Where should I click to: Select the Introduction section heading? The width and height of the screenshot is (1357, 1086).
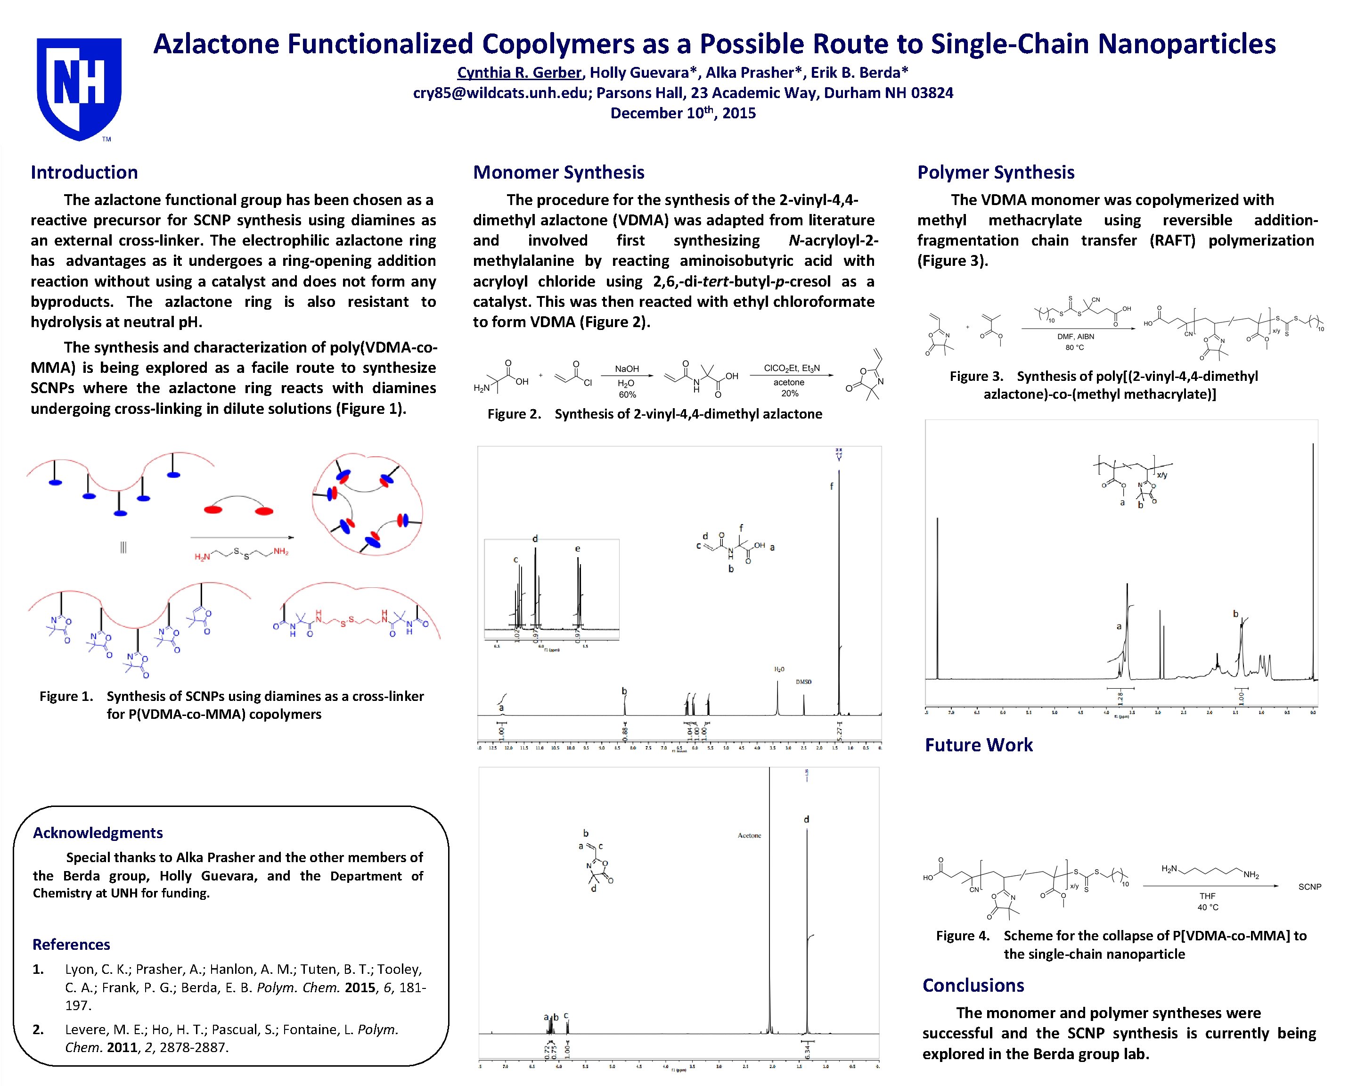point(84,172)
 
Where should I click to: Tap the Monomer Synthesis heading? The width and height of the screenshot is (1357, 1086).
point(558,172)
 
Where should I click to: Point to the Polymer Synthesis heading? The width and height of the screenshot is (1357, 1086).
point(996,172)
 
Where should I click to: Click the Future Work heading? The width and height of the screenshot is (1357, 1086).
point(979,745)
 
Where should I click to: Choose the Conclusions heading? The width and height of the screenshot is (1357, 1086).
point(973,985)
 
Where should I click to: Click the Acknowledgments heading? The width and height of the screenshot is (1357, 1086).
point(98,833)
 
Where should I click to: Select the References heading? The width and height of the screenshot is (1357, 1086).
point(71,944)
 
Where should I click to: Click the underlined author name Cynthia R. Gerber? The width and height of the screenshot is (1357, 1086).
point(519,73)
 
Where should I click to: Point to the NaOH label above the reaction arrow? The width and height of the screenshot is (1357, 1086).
point(627,369)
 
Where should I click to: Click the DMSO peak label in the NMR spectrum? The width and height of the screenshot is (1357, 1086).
point(804,682)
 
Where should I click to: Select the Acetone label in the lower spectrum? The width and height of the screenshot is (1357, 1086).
point(749,835)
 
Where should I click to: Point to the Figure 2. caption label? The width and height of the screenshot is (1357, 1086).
point(514,414)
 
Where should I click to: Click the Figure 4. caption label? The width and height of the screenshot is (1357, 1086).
point(962,936)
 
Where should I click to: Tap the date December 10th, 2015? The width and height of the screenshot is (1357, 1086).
point(683,113)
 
